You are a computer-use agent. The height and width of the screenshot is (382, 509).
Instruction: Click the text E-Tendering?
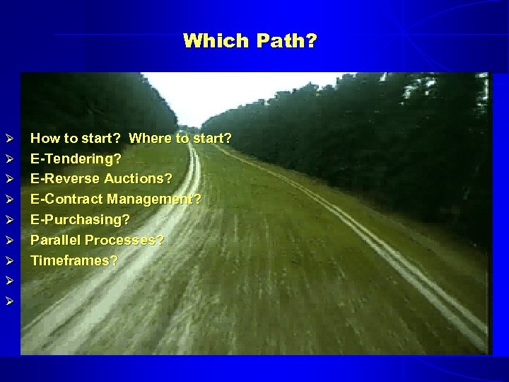(x=76, y=158)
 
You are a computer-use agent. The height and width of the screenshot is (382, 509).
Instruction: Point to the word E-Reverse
(x=65, y=179)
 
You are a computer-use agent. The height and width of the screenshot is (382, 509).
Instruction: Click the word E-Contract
(x=68, y=199)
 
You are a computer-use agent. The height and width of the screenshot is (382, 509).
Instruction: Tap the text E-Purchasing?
(x=80, y=220)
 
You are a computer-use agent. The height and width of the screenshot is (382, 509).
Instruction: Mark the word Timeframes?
(x=74, y=261)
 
